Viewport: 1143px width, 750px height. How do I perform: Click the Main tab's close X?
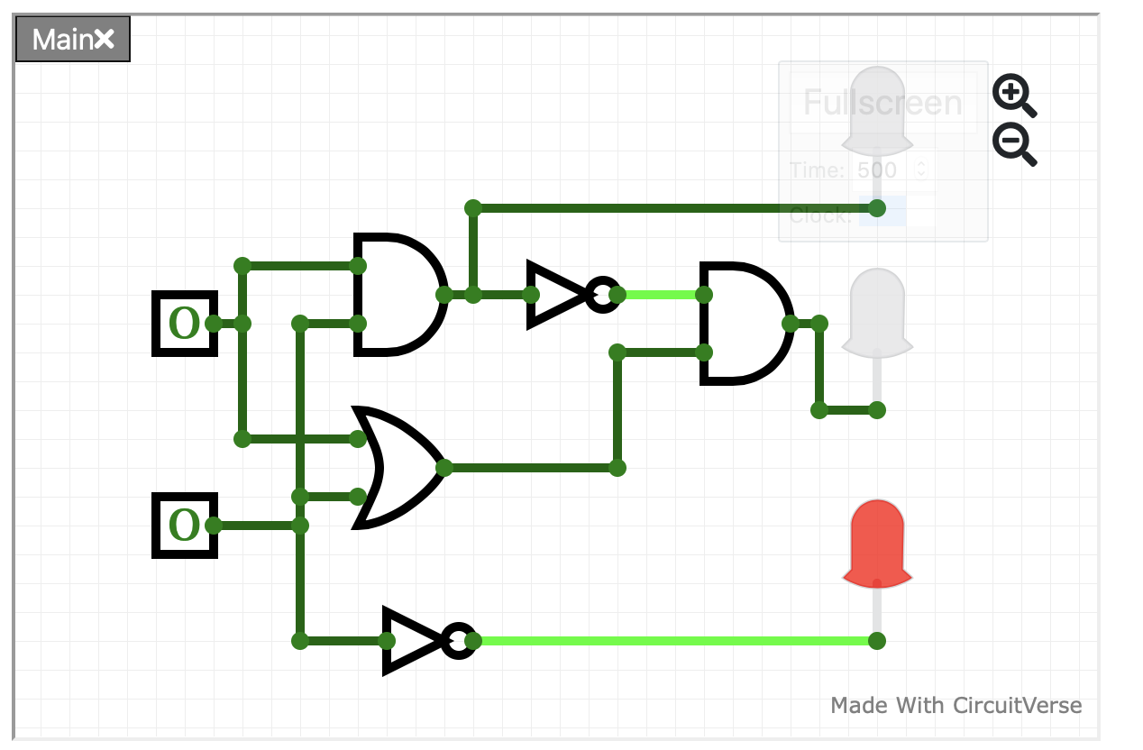105,39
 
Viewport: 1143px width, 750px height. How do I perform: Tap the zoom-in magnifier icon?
1013,95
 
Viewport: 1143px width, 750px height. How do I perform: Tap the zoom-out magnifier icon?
1013,143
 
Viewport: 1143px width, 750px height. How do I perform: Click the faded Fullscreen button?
882,103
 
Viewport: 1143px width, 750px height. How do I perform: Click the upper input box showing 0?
184,324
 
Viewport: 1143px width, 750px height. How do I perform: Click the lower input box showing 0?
184,526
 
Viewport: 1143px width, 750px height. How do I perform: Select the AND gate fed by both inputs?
397,294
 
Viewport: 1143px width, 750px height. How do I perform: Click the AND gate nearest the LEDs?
743,323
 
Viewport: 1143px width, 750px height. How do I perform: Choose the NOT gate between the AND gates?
559,294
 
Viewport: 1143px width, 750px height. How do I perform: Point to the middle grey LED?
877,311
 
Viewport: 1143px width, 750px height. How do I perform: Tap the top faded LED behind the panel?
877,108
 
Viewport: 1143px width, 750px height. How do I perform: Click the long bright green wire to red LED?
676,641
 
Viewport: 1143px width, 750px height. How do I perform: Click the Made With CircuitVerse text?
956,705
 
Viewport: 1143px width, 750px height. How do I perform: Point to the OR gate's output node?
444,467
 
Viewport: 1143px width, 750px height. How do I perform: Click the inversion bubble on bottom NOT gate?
459,641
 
